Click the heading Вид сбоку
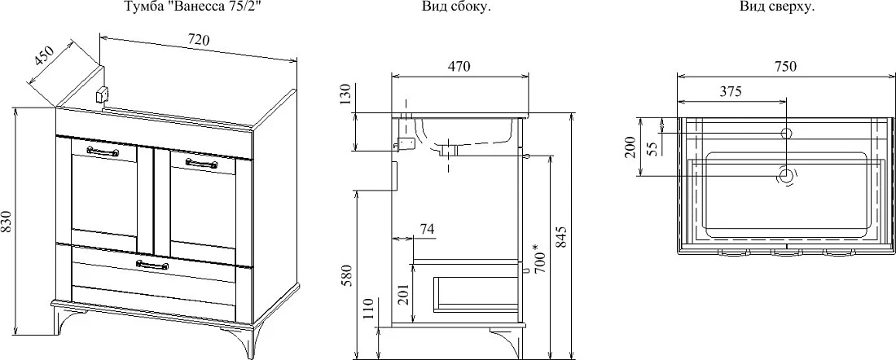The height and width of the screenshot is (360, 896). pos(457,7)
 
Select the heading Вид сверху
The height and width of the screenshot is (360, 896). pos(776,7)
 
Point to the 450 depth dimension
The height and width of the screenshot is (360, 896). pos(44,60)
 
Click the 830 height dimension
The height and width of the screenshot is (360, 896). pos(7,222)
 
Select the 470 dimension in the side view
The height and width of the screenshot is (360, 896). pos(459,66)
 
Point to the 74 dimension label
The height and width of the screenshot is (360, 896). pos(427,229)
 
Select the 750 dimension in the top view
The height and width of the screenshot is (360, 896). pos(785,66)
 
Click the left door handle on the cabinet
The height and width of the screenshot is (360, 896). pos(103,151)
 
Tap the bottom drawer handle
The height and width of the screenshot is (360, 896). pos(152,264)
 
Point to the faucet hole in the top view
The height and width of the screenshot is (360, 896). pos(786,134)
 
